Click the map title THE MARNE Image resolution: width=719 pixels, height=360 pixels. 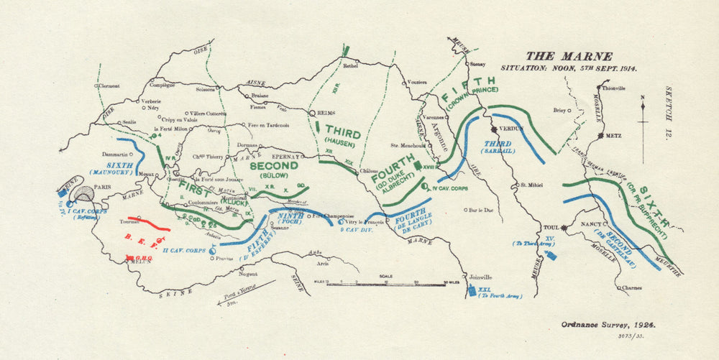click(x=569, y=56)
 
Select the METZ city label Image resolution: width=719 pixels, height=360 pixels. click(x=610, y=134)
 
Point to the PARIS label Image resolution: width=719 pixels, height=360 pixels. click(x=106, y=188)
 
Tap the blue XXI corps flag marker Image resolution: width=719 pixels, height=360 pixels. click(x=471, y=291)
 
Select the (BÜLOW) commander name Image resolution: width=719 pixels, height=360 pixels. click(x=273, y=175)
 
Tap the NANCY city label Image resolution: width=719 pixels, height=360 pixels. click(x=594, y=223)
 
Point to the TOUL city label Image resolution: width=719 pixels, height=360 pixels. click(x=551, y=227)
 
